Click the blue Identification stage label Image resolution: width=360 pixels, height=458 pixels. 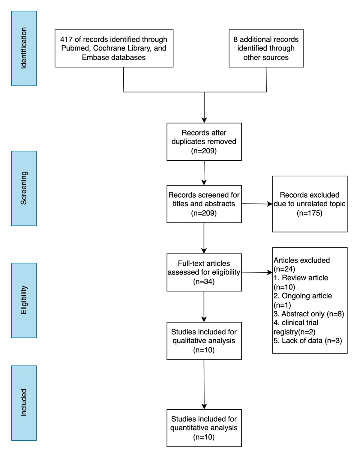[x=24, y=48]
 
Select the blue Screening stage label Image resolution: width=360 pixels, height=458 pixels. [x=24, y=188]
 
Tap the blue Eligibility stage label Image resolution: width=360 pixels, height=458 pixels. [x=24, y=300]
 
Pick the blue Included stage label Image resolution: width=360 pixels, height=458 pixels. [x=24, y=403]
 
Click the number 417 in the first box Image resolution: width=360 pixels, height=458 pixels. [x=66, y=39]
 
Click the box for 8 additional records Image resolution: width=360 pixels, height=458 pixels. [x=266, y=48]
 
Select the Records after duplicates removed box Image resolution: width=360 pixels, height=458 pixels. [x=204, y=141]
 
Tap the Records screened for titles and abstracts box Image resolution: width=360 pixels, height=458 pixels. [x=204, y=204]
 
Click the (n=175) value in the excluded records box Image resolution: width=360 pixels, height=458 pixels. [x=310, y=213]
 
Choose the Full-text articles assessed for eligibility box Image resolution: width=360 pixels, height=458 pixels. [x=204, y=272]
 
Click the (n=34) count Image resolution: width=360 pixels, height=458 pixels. [x=204, y=281]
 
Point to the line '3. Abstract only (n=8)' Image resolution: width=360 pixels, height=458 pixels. [x=309, y=314]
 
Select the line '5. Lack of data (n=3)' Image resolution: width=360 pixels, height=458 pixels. [x=307, y=341]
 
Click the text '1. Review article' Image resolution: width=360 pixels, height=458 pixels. [x=301, y=278]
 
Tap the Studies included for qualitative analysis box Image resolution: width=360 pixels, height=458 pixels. [x=204, y=341]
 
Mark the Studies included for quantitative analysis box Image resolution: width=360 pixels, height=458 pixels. [x=204, y=428]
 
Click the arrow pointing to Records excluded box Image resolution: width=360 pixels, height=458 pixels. [x=257, y=204]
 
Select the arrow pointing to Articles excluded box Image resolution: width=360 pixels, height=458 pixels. [x=257, y=272]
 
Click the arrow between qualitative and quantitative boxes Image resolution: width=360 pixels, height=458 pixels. [x=204, y=384]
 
